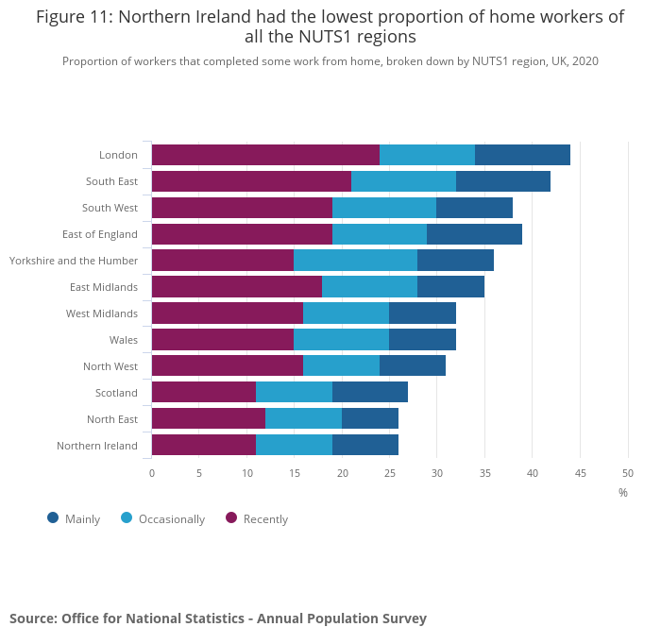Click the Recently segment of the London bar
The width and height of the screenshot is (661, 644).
265,155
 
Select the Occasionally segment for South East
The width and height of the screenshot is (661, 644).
403,181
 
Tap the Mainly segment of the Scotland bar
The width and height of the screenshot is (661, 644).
370,393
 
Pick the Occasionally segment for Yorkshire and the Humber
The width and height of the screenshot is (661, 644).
355,261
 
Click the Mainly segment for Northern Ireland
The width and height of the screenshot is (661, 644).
365,446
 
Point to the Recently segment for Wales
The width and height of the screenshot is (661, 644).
223,340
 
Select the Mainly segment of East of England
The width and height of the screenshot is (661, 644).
474,234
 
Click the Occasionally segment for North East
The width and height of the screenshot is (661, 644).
303,419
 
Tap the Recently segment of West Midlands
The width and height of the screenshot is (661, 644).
228,314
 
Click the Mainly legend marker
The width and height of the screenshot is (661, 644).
53,517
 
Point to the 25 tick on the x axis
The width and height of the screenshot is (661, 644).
390,472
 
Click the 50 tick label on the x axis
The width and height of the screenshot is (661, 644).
628,472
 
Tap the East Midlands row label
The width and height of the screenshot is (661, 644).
104,287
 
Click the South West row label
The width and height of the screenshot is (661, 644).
110,208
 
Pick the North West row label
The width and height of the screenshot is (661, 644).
110,366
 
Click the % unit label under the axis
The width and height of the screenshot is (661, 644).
623,492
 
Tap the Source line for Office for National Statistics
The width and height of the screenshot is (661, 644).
218,619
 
